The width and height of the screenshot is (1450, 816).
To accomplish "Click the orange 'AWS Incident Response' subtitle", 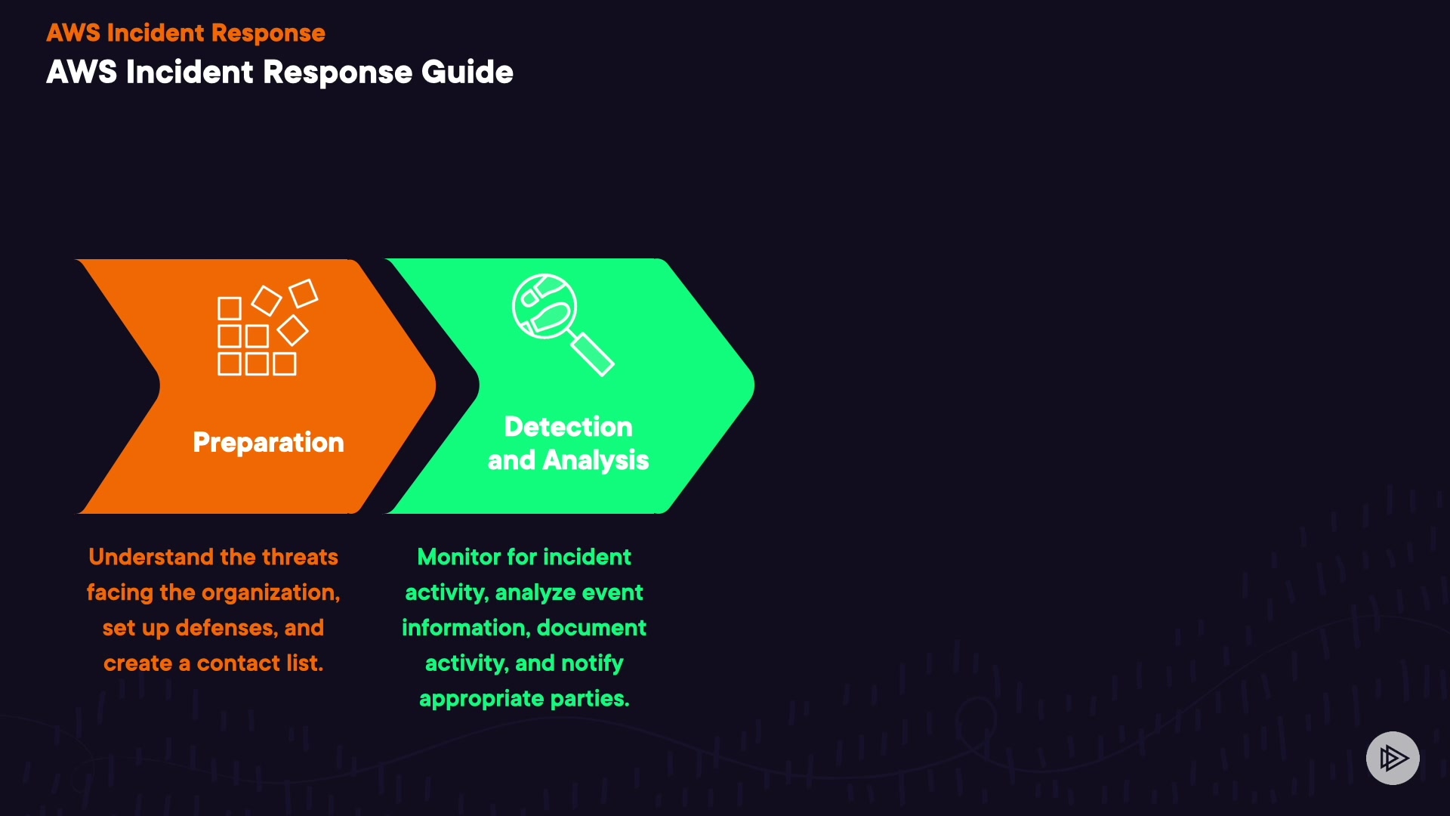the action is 186,32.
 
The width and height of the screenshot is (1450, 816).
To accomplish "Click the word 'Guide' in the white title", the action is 467,73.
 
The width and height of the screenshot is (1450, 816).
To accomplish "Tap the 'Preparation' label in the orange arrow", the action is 268,442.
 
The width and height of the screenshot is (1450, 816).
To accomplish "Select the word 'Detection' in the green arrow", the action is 568,427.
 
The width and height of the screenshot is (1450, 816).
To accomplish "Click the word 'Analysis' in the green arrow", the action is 596,460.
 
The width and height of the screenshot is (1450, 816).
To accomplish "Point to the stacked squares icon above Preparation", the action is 264,329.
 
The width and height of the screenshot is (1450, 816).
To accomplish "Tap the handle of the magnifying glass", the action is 593,354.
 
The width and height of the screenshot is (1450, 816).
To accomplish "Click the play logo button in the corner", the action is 1393,758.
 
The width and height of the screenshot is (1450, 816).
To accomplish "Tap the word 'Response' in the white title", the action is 338,73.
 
